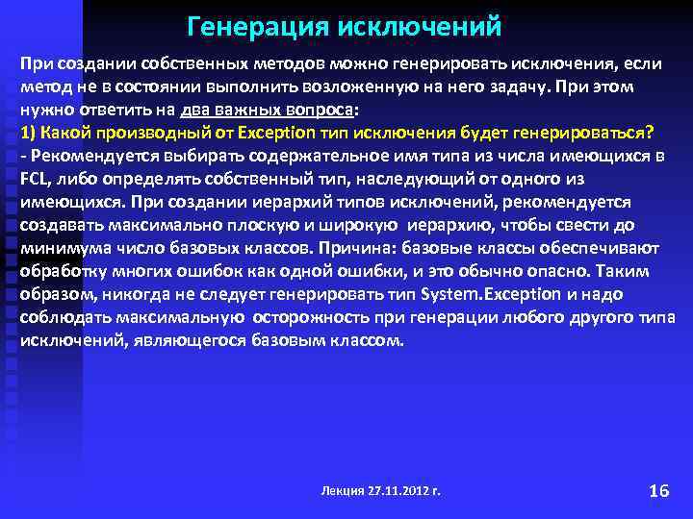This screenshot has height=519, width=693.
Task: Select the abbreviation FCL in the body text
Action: [x=35, y=180]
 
